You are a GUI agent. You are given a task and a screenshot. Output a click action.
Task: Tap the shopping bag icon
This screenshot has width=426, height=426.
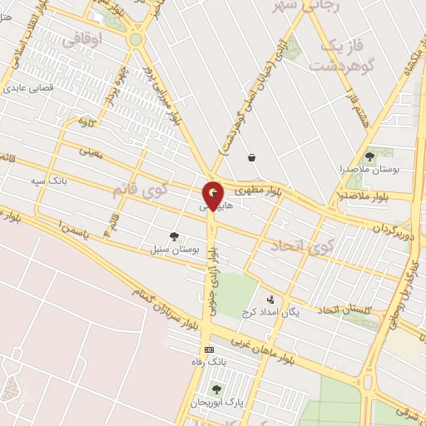[251, 156]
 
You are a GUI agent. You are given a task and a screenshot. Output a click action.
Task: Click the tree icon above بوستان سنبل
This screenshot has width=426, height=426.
[174, 236]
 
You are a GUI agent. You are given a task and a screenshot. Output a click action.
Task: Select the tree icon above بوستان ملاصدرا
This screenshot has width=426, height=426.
[369, 156]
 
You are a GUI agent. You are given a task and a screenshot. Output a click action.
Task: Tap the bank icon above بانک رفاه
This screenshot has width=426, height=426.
[209, 349]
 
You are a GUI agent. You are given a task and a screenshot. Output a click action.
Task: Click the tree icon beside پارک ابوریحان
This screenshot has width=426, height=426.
[216, 389]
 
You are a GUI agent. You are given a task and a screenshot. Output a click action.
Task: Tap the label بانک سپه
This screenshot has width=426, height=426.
[48, 181]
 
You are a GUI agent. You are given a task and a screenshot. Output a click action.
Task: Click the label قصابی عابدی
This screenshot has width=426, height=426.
[29, 87]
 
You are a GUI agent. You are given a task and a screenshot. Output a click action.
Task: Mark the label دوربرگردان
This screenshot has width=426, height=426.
[390, 226]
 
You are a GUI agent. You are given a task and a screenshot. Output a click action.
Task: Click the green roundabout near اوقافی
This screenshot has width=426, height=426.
[136, 38]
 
